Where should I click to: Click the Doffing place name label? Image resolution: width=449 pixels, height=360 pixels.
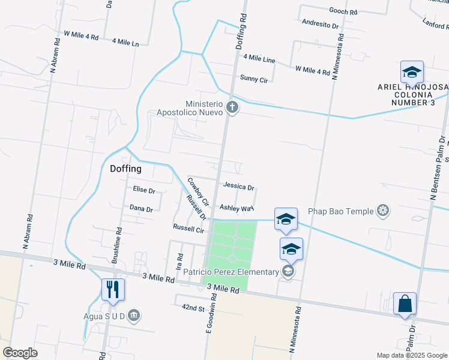(126, 169)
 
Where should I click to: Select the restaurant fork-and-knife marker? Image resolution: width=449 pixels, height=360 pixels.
(113, 290)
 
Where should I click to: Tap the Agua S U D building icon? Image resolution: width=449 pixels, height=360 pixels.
(134, 315)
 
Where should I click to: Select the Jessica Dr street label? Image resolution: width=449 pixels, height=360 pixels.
(239, 187)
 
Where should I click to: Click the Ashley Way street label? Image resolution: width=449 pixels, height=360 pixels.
(237, 208)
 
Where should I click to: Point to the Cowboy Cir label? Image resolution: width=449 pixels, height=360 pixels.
(197, 191)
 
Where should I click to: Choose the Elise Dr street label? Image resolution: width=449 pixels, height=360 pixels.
(144, 190)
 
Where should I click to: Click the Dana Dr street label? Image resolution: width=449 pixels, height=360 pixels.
(141, 209)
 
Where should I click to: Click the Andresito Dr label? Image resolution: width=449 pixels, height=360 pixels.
(321, 25)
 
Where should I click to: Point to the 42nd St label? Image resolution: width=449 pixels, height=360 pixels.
(194, 308)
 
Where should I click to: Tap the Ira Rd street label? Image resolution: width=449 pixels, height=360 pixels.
(179, 261)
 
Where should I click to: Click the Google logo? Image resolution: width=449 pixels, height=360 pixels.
(20, 353)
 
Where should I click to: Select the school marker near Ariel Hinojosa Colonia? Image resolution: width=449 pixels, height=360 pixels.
(412, 73)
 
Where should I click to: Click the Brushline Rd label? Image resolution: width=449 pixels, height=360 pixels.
(117, 246)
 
